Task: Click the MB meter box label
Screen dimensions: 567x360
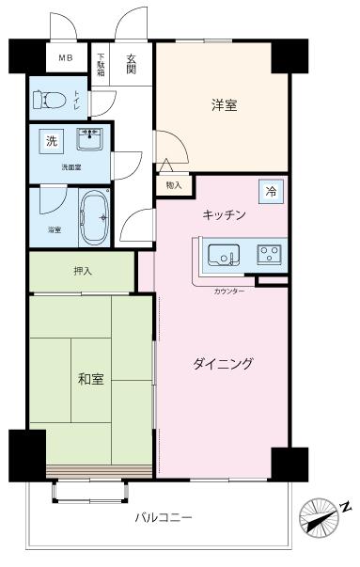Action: coord(65,58)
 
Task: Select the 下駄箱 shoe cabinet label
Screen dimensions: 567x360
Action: coord(102,63)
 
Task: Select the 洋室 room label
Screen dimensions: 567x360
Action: coord(224,105)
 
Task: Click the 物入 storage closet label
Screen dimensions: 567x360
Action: coord(173,186)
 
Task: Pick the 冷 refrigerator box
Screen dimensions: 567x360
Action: coord(272,190)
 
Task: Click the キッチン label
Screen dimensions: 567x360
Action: coord(225,214)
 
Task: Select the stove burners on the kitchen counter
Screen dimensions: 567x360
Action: coord(271,253)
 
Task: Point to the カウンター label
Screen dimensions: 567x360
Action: coord(229,292)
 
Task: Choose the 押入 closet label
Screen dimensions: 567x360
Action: coord(82,271)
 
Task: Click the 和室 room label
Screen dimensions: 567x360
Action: coord(90,379)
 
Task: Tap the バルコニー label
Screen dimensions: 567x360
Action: coord(163,518)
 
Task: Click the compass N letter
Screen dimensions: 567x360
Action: coord(346,507)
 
